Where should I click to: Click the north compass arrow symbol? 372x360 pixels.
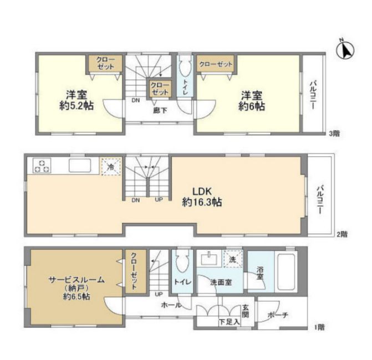[345, 50]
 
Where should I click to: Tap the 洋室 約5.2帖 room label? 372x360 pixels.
[77, 100]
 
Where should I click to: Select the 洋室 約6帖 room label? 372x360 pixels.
[252, 101]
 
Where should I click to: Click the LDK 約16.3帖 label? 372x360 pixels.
[202, 197]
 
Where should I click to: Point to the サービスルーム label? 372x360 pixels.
[77, 280]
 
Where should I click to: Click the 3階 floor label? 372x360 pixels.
[334, 133]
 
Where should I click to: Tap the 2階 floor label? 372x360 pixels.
[342, 234]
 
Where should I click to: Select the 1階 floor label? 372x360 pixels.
[319, 327]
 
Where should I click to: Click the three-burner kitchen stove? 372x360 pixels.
[42, 165]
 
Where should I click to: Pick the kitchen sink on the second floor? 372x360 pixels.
[80, 166]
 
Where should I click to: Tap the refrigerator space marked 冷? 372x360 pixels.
[111, 167]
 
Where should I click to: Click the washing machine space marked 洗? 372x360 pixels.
[233, 259]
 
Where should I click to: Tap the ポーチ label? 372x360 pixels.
[278, 315]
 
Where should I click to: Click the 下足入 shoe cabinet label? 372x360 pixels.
[229, 322]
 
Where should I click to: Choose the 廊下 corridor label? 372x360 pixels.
[160, 110]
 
